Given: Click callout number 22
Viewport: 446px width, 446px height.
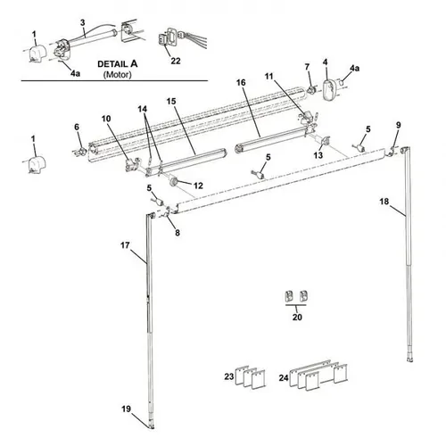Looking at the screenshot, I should [x=176, y=60].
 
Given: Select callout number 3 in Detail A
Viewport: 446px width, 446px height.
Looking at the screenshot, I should [x=82, y=21].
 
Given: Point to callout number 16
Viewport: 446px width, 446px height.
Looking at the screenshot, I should [x=241, y=82].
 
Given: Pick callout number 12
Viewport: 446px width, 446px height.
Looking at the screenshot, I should [x=199, y=186].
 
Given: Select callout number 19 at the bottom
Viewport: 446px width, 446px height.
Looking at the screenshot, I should [x=126, y=409].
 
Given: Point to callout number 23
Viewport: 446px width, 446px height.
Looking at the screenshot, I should [x=228, y=378].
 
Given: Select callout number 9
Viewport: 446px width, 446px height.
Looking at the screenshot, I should [x=398, y=124].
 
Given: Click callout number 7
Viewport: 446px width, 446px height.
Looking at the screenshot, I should [x=308, y=67].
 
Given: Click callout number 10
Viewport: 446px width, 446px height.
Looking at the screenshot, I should [x=106, y=119].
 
